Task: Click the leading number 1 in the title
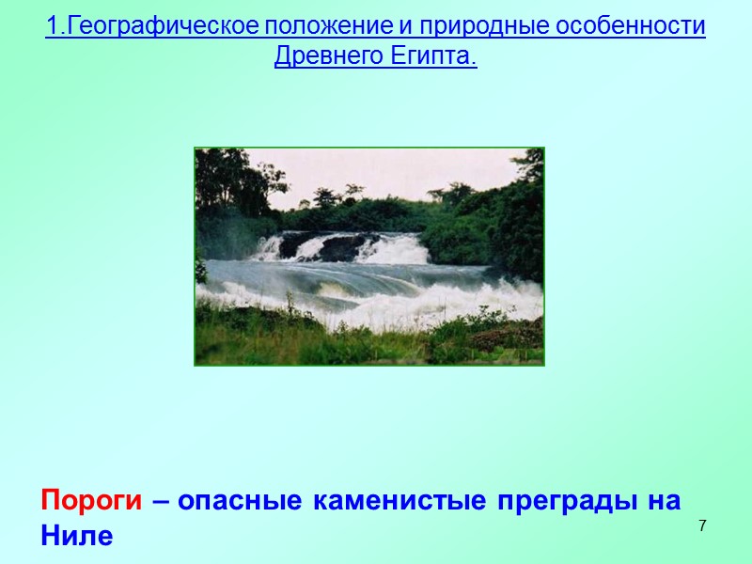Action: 51,26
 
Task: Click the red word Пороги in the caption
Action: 91,501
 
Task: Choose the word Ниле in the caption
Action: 76,537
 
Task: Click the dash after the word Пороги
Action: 161,501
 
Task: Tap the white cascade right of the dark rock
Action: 399,249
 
